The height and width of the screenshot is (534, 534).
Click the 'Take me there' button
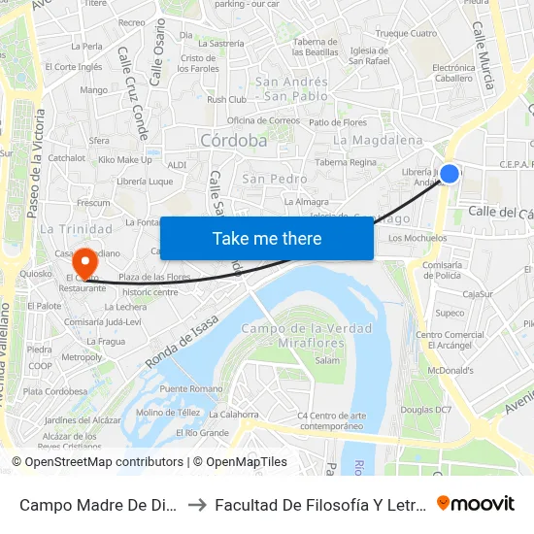(x=266, y=238)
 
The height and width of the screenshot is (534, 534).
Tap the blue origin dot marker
(x=450, y=174)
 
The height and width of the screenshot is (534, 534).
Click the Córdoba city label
(x=233, y=141)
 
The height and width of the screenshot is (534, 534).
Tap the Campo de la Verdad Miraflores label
(x=306, y=336)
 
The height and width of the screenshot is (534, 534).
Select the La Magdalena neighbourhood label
(x=378, y=140)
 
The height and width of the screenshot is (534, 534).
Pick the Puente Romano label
(x=191, y=388)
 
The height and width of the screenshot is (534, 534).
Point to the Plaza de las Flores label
(x=154, y=277)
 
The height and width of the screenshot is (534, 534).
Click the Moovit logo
(x=476, y=503)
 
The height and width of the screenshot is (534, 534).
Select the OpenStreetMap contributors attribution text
(x=97, y=462)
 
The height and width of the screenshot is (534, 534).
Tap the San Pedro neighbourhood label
(x=275, y=179)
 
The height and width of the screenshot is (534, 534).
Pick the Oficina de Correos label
(x=263, y=120)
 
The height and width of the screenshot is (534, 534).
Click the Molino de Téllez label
(x=168, y=412)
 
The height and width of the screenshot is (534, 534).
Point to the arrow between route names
(x=197, y=504)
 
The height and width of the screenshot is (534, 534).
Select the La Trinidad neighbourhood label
(x=78, y=229)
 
